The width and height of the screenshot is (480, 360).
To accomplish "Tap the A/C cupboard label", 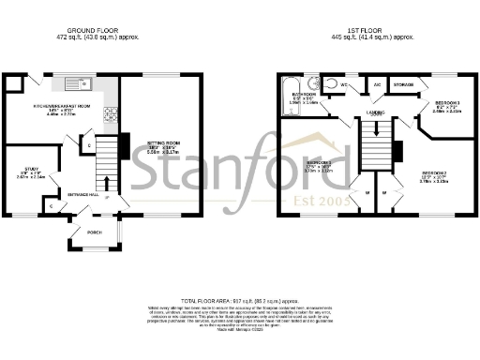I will coord(377,84).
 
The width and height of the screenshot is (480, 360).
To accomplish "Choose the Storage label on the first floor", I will coord(404,84).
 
